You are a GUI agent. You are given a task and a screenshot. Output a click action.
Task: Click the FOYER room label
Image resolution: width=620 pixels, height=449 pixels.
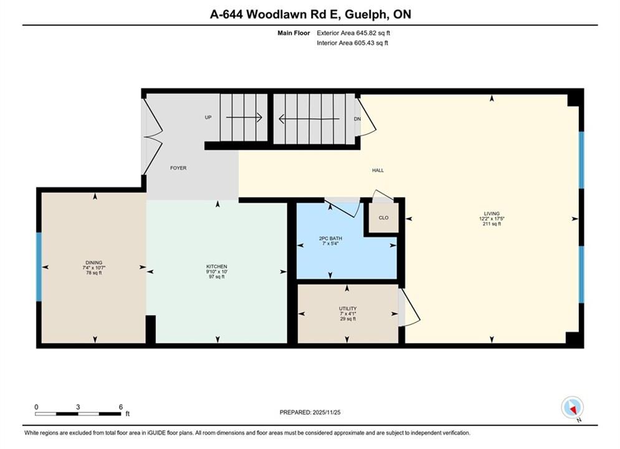[x=178, y=168]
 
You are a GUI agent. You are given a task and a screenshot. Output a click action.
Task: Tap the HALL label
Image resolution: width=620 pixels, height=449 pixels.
[x=378, y=170]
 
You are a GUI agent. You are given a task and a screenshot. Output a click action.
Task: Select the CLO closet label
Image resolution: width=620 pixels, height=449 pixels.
[x=384, y=218]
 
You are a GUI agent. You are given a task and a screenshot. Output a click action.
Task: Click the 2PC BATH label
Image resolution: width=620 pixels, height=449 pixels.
[x=330, y=239]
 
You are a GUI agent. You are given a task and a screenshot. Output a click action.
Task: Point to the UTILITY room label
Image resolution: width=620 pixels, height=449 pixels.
[x=348, y=309]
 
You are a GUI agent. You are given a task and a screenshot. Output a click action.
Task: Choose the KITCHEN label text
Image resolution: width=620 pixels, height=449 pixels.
[x=217, y=267]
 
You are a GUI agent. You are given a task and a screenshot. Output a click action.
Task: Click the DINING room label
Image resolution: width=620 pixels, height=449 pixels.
[x=93, y=263]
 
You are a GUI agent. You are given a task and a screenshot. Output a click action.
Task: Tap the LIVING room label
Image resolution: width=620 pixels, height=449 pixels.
[x=492, y=214]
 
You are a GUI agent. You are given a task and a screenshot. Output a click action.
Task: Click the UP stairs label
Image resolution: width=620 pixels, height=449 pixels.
[x=208, y=117]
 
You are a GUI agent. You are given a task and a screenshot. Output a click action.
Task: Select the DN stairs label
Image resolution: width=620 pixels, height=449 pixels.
[x=357, y=118]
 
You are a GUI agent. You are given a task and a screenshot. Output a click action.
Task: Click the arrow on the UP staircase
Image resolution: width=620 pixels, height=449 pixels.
[x=244, y=117]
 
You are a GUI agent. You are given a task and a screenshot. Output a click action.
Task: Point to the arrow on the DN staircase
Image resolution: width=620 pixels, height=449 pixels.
[x=309, y=118]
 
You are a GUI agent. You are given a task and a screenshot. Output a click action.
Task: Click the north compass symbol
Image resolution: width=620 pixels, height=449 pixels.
[x=573, y=408]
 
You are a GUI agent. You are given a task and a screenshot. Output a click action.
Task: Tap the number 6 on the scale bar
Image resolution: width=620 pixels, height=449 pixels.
[x=121, y=407]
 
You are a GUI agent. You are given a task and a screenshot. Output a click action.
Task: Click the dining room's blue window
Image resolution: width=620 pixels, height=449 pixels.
[x=39, y=267]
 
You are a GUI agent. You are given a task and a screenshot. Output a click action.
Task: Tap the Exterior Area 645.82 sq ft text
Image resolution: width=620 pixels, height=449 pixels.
[x=353, y=33]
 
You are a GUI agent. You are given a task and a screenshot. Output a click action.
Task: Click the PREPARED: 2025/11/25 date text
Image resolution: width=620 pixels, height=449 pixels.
[x=310, y=412]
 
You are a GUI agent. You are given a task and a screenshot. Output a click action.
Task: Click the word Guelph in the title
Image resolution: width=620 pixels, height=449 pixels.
[x=365, y=14]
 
